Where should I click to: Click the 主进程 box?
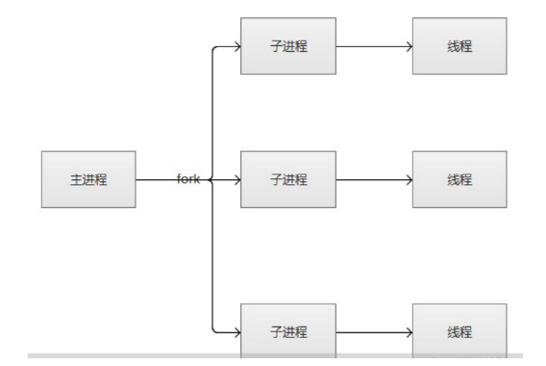click(x=89, y=179)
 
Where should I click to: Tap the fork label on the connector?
click(x=187, y=179)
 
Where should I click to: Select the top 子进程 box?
click(x=288, y=45)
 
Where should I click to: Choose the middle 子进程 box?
click(x=288, y=179)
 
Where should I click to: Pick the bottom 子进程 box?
click(x=288, y=331)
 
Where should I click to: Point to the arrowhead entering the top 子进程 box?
click(x=236, y=45)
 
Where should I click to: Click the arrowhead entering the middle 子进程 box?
click(x=236, y=179)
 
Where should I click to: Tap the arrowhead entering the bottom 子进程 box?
click(x=236, y=332)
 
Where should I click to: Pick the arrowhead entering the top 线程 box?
click(x=408, y=45)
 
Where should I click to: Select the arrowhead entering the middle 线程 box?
click(x=408, y=179)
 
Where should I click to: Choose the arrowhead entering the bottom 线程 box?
click(x=408, y=332)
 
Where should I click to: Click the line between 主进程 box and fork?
click(x=156, y=179)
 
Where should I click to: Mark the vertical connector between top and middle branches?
click(x=211, y=111)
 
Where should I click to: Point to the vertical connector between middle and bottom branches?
click(x=211, y=255)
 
